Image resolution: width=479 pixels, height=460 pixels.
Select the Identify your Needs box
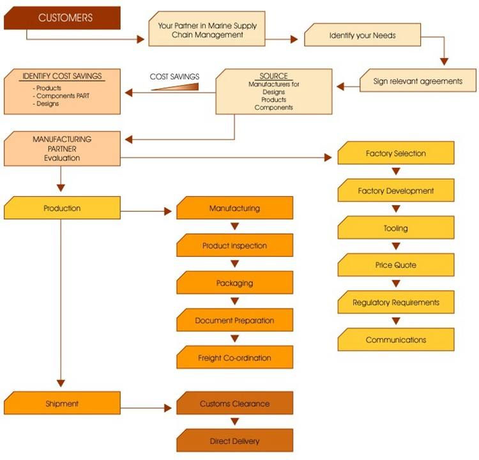point(362,35)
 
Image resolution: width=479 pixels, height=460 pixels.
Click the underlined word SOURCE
point(273,76)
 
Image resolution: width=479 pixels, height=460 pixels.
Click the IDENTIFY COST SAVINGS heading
point(62,77)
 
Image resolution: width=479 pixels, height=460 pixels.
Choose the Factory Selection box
point(396,153)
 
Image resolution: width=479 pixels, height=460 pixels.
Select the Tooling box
point(396,228)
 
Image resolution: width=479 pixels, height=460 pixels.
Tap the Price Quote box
point(396,264)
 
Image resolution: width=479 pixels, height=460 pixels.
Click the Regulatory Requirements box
point(396,302)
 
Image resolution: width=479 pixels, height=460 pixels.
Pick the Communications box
point(396,340)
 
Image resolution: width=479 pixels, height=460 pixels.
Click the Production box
point(62,208)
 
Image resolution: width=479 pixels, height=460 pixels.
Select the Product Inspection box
point(234,245)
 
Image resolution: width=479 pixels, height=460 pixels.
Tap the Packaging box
point(234,283)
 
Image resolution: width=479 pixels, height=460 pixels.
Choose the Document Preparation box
point(234,320)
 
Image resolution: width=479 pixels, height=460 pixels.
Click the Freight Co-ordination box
point(234,358)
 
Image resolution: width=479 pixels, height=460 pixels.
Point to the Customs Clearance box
point(234,404)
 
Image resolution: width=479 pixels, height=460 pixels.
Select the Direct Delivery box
point(234,441)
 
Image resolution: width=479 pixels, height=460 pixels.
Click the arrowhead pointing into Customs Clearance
point(169,408)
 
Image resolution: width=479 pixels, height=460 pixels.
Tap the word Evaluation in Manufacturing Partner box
point(62,158)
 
